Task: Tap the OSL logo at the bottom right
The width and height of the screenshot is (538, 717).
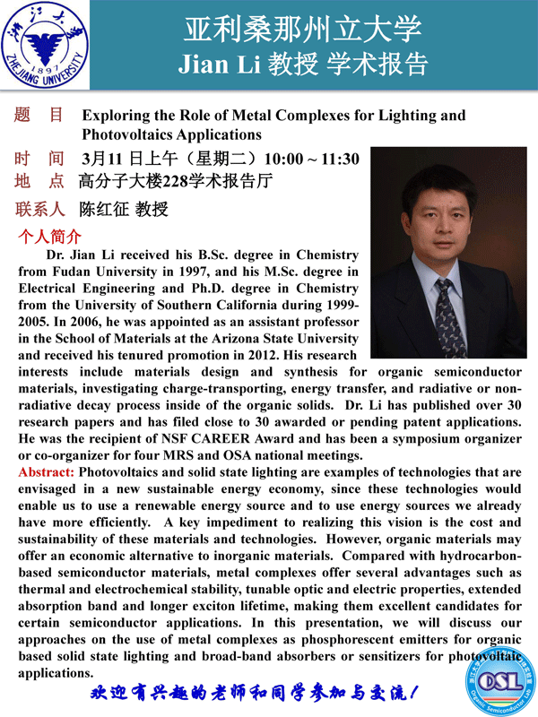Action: pos(508,682)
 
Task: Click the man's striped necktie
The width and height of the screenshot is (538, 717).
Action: pos(446,310)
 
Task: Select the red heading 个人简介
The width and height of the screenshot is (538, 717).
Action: pos(50,238)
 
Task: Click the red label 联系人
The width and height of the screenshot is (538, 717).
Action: pos(40,211)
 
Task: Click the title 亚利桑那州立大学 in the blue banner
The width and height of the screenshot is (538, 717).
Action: pos(302,30)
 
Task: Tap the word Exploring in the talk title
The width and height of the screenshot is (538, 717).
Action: pos(113,116)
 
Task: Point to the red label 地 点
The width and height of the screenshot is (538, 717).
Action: pos(40,182)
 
